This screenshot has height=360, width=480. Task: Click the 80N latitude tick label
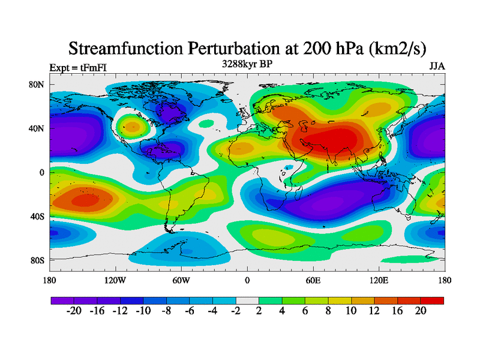[x=37, y=84]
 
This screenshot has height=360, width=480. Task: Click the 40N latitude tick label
[x=37, y=128]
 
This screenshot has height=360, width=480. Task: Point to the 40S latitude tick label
[x=38, y=216]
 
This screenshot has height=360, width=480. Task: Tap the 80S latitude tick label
[x=38, y=260]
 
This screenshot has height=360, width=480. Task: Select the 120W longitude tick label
[x=115, y=280]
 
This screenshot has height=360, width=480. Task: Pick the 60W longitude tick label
[x=181, y=280]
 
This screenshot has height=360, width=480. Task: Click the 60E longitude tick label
[x=313, y=280]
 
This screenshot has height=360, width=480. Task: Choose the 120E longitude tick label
[x=379, y=280]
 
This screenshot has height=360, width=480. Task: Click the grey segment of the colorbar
[x=247, y=301]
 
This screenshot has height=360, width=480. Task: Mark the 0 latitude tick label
[x=42, y=172]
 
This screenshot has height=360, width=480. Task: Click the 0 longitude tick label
[x=247, y=280]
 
